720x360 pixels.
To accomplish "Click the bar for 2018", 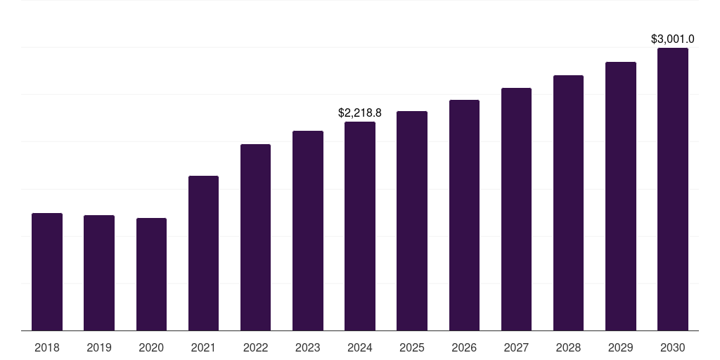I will tap(47, 271).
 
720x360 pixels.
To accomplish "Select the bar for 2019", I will tap(99, 273).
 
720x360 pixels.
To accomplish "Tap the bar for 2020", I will tap(151, 274).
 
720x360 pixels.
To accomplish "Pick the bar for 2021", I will tap(203, 253).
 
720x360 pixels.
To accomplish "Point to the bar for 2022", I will tap(255, 237).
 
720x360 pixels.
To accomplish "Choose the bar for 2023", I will tap(308, 231).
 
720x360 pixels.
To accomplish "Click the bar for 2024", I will tap(360, 226).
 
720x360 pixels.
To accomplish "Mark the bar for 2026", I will tap(464, 215).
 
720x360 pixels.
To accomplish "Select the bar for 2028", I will tap(568, 202).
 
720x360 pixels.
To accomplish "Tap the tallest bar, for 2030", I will tap(673, 189).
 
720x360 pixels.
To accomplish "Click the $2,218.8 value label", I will tap(360, 112).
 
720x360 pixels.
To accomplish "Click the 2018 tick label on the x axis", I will tap(47, 347).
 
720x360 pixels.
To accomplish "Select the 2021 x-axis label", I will tap(203, 347).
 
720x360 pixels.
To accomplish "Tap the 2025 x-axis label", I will tap(412, 347).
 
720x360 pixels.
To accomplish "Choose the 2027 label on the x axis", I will tap(516, 347).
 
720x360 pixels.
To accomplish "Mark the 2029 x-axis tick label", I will tap(621, 347).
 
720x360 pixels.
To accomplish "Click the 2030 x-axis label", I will tap(673, 347).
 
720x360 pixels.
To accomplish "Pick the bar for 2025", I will tap(412, 221).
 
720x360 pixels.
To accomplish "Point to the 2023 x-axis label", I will tap(308, 347).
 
